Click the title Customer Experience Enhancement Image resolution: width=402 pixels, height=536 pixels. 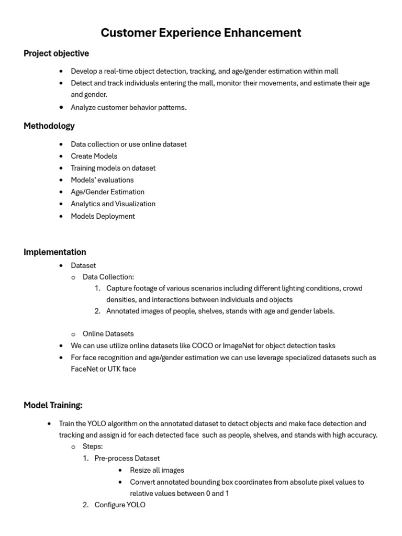click(x=201, y=33)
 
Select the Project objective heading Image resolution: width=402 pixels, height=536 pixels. click(x=56, y=53)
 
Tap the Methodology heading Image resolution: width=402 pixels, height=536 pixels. click(x=49, y=126)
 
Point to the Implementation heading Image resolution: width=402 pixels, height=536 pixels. click(x=55, y=252)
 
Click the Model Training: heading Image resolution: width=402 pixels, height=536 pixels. click(x=53, y=405)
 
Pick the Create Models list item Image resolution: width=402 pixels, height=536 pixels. click(x=94, y=156)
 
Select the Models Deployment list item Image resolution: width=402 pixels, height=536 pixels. click(x=103, y=216)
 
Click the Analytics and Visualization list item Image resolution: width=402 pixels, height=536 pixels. click(x=113, y=204)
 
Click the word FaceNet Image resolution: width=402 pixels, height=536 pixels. click(x=86, y=369)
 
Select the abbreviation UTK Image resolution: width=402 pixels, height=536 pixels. click(x=115, y=369)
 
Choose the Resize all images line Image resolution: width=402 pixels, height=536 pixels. click(x=157, y=470)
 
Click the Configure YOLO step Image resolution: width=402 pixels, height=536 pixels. click(x=120, y=505)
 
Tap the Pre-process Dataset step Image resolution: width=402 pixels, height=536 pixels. click(x=127, y=459)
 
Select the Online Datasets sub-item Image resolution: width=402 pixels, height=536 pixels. click(x=108, y=334)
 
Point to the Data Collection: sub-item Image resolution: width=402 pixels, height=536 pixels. click(x=108, y=277)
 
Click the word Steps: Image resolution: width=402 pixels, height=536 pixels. click(x=93, y=446)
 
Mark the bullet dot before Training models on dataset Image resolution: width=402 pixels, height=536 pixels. click(x=61, y=168)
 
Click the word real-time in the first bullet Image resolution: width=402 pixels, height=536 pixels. click(x=119, y=71)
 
